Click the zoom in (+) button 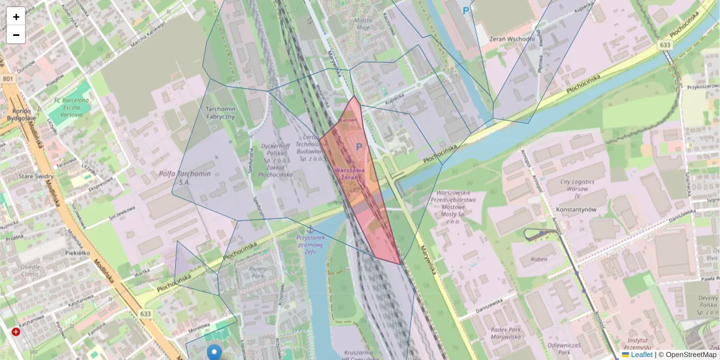(16, 17)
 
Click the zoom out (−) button (16, 35)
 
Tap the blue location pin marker (214, 353)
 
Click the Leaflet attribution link (641, 355)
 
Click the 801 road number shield (7, 79)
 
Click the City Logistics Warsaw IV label (577, 188)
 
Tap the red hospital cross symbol (16, 332)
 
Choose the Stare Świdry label (36, 176)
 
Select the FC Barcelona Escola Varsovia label (71, 107)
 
